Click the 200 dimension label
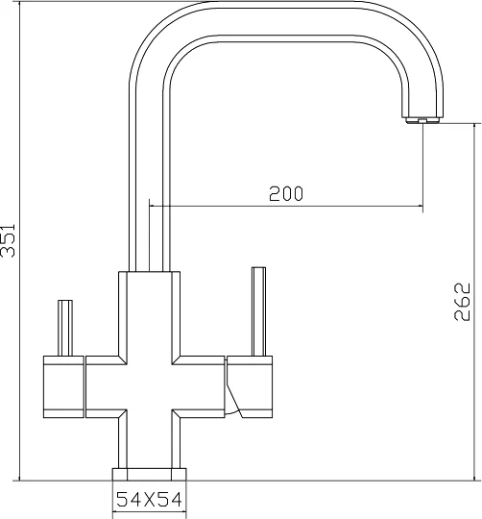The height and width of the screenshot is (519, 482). coord(285,193)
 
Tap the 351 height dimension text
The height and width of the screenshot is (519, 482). coord(8,240)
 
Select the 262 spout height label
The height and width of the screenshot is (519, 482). coord(462,301)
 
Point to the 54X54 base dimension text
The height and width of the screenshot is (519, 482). coord(149,500)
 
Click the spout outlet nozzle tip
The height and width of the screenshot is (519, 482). coord(422,120)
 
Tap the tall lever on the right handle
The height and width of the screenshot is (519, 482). coord(258,311)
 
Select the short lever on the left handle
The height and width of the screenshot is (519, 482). coord(65,328)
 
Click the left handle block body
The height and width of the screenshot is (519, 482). coord(63,386)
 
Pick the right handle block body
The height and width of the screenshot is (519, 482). coord(250,386)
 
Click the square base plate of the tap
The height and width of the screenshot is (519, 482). coord(149,474)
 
